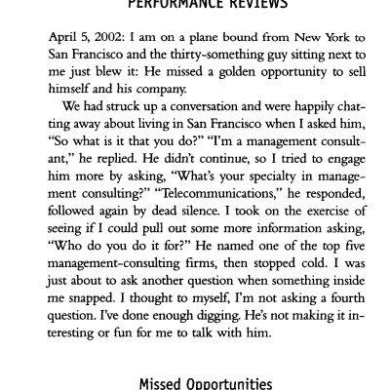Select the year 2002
click(x=106, y=36)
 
